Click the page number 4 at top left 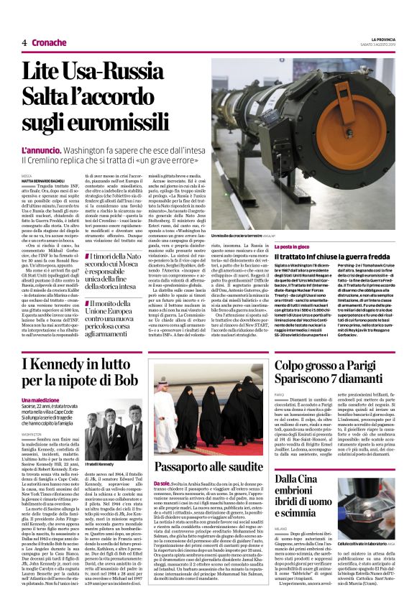pos(24,42)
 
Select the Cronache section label pos(48,42)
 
